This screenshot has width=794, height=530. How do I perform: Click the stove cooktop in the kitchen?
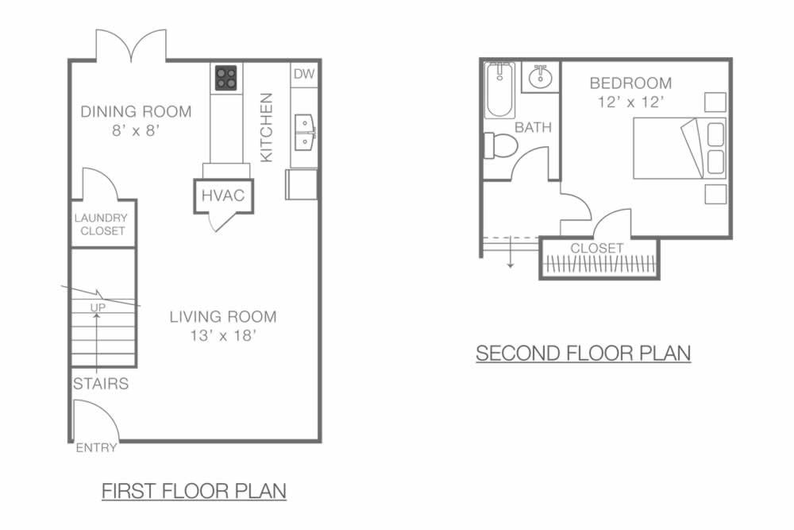tap(225, 78)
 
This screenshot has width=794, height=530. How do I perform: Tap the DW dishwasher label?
tap(304, 74)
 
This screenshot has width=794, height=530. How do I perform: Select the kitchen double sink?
tap(305, 132)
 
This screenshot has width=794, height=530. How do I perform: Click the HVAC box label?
tap(223, 195)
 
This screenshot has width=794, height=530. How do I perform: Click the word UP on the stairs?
tap(98, 308)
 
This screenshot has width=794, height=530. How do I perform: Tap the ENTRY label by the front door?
tap(96, 448)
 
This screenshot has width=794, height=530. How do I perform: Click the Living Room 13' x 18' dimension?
tap(223, 335)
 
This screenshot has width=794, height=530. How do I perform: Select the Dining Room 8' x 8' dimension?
tap(136, 131)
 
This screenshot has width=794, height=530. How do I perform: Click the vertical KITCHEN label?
tap(266, 127)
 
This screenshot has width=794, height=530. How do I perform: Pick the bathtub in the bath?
tap(499, 91)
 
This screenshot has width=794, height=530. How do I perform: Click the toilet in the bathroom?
tap(501, 146)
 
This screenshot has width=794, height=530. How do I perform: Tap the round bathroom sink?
tap(540, 77)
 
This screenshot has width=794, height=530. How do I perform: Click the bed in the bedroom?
tap(680, 149)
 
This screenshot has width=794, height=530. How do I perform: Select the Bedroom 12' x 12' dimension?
tap(630, 102)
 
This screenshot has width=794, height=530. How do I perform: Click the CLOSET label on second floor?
tap(596, 248)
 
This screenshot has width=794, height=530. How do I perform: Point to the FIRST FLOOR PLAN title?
tap(194, 491)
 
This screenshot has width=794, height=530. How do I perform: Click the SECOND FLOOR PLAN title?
tap(584, 353)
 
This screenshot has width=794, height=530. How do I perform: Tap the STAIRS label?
tap(101, 384)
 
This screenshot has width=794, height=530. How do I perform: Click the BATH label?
tap(534, 127)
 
